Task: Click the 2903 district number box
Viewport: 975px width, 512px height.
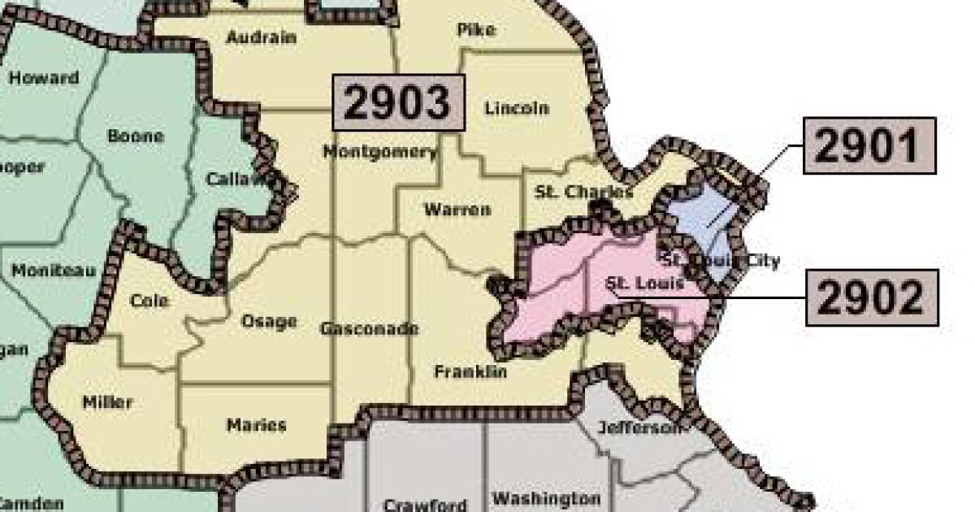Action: pos(398,102)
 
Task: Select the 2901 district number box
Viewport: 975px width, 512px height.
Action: pos(869,146)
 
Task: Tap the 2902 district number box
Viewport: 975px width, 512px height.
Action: pos(871,298)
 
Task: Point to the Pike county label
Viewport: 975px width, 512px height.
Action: pos(476,30)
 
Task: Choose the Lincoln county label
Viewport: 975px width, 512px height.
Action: pos(516,108)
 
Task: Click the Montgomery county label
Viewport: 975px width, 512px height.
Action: pos(379,151)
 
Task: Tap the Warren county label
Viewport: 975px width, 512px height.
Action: pos(457,210)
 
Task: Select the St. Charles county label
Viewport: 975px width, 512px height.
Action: pos(584,193)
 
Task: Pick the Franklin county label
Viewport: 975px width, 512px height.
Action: pos(470,371)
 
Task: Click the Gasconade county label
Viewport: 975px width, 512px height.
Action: pos(369,329)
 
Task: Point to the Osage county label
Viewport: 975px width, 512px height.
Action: pos(269,322)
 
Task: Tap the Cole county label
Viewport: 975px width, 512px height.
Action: pos(149,302)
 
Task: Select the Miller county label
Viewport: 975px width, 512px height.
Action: pos(107,401)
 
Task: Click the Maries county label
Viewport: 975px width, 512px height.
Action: pos(256,425)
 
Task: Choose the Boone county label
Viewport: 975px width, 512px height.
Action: pos(136,137)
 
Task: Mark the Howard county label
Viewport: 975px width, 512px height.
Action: pos(44,79)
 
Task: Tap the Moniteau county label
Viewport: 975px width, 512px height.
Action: pos(54,270)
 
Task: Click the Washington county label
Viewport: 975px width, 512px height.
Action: pos(546,498)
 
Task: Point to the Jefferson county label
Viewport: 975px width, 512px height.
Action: pos(639,427)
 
